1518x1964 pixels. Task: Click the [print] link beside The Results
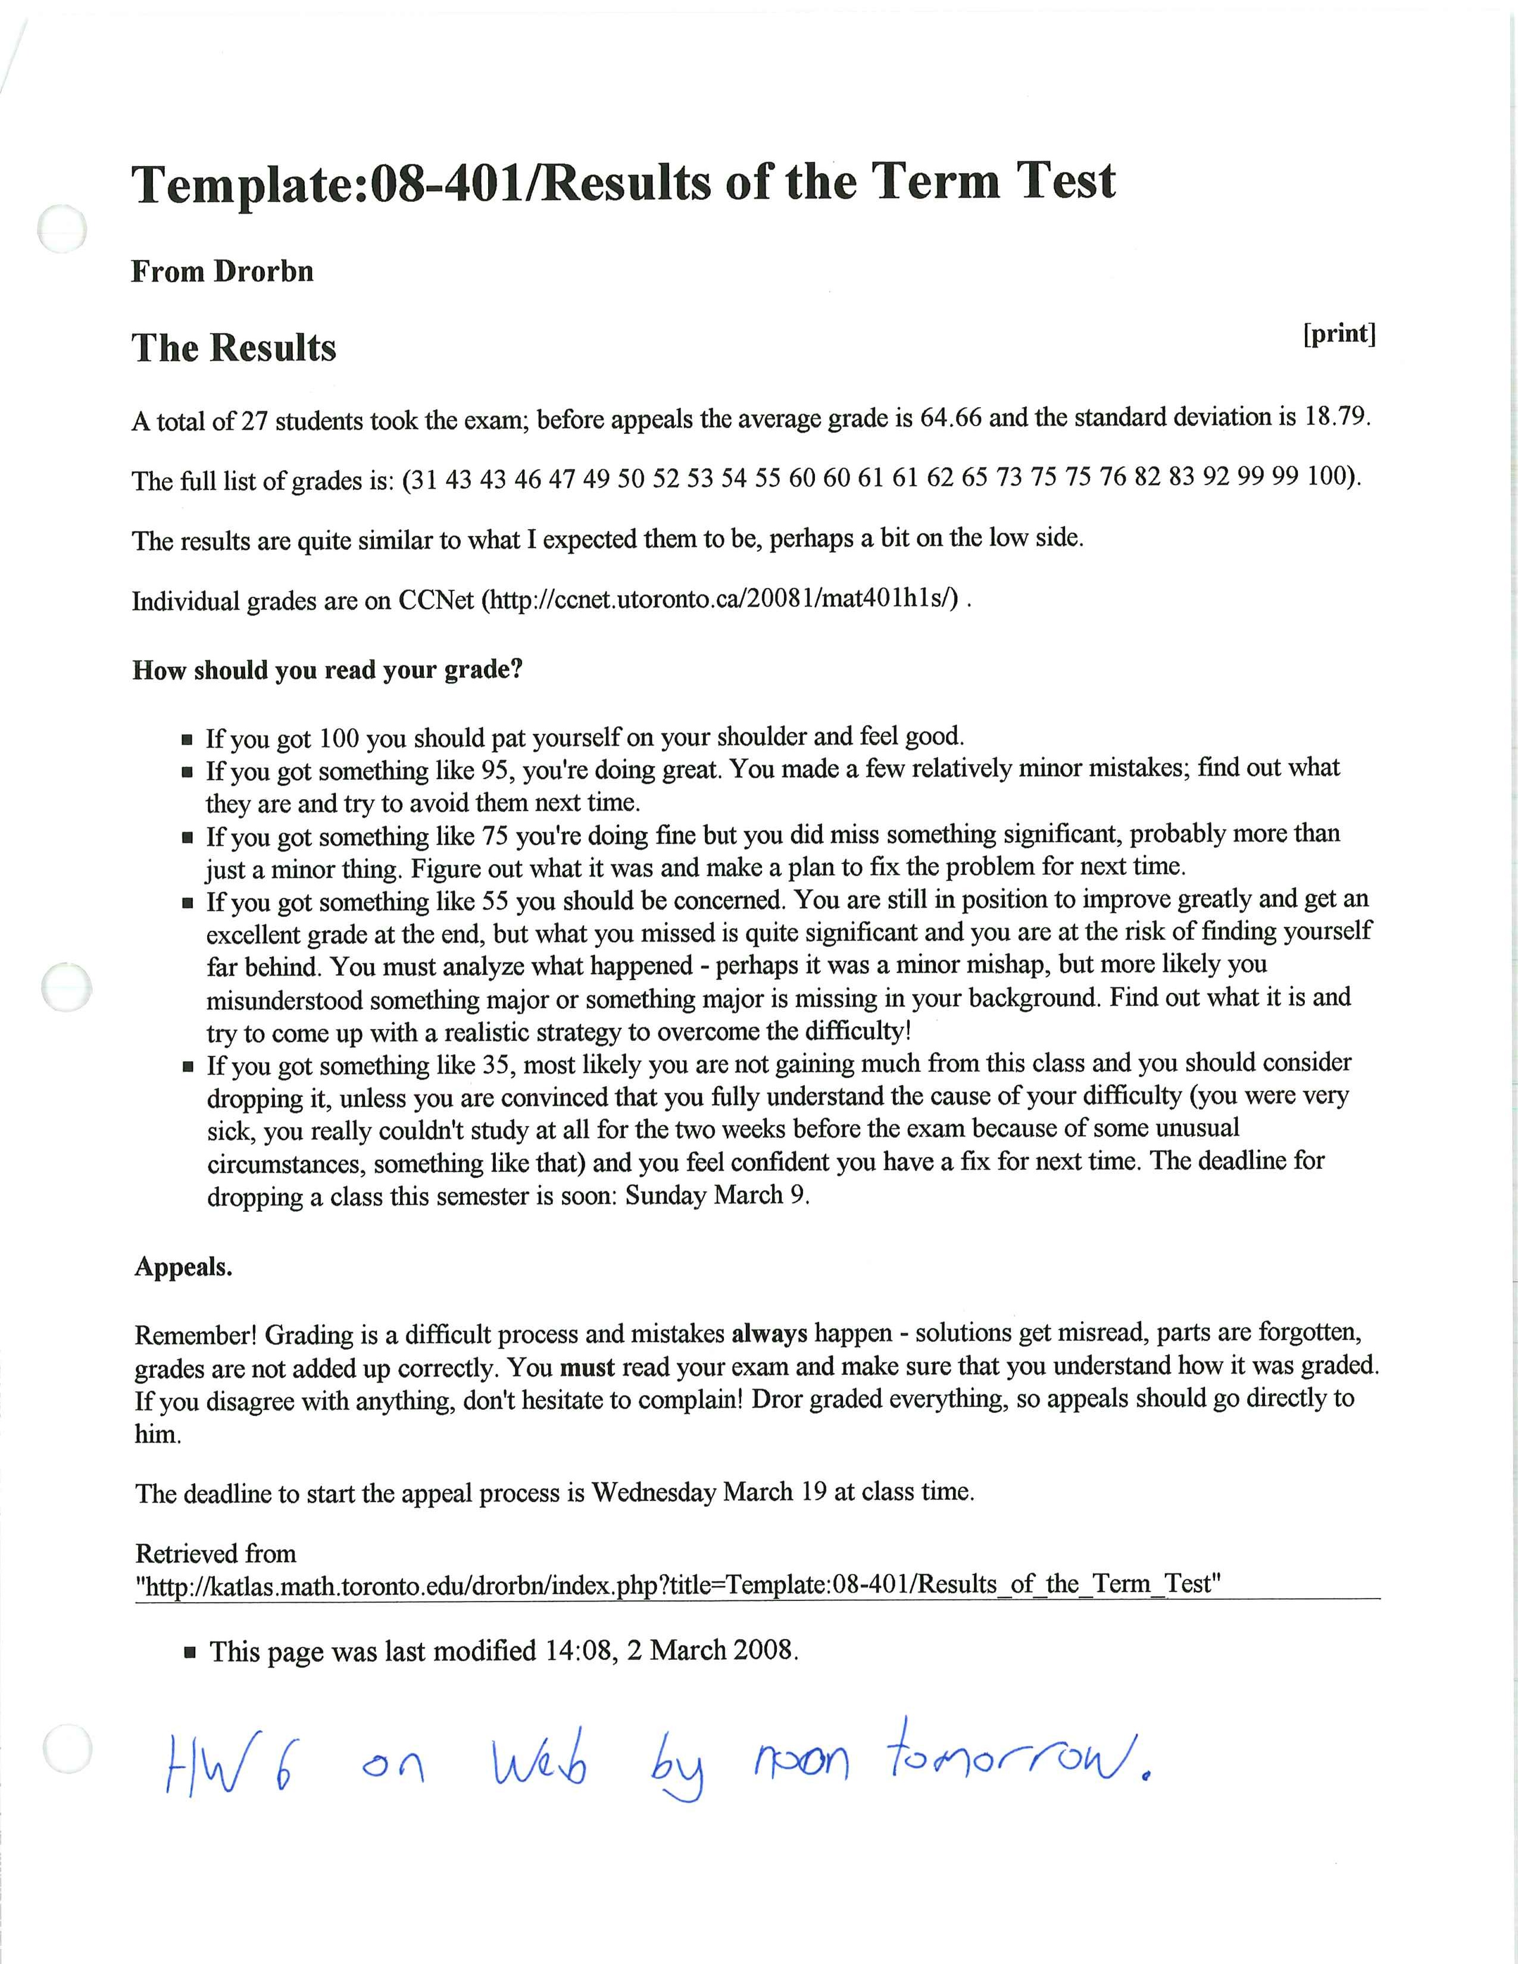[1339, 334]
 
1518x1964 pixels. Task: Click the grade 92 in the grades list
[1216, 477]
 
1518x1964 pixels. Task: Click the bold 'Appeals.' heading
[183, 1267]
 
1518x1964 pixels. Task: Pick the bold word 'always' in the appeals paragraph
[769, 1334]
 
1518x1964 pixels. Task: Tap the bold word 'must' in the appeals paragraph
[586, 1368]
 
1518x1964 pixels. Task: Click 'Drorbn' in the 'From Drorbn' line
[264, 271]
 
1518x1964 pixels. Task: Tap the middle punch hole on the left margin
[67, 987]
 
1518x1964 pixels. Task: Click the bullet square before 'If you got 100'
[187, 740]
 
